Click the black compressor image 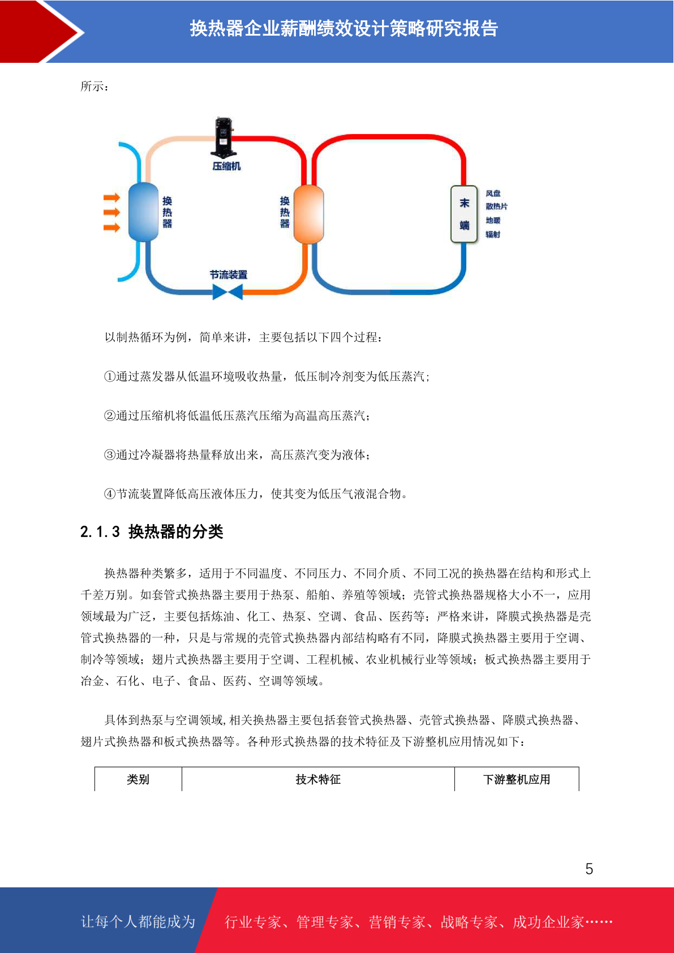(x=222, y=138)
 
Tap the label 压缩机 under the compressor (x=226, y=166)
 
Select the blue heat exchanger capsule (x=143, y=212)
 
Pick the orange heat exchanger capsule (x=308, y=214)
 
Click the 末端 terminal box (x=464, y=214)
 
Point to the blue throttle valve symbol (x=227, y=292)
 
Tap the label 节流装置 (x=229, y=275)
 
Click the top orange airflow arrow (x=112, y=198)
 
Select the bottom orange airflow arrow (x=112, y=227)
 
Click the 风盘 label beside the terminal (x=493, y=194)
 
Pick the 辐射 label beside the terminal (x=493, y=234)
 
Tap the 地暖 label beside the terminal (x=493, y=220)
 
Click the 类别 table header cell (x=138, y=779)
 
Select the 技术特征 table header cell (x=318, y=779)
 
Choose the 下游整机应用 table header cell (x=517, y=779)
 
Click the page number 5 (x=589, y=869)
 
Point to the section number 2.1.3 (x=100, y=532)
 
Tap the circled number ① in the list (x=110, y=376)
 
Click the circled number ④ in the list (x=110, y=494)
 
